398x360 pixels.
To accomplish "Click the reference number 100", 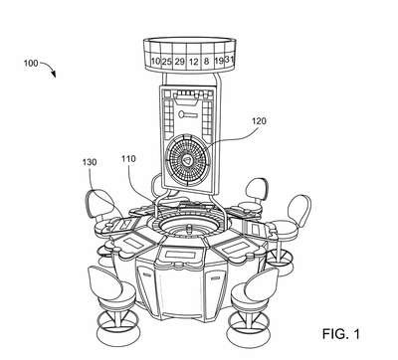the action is pyautogui.click(x=31, y=63).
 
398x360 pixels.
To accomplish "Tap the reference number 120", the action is pyautogui.click(x=259, y=121).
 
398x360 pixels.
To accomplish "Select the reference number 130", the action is pyautogui.click(x=90, y=162).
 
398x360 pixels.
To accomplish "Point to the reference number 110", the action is pyautogui.click(x=128, y=159).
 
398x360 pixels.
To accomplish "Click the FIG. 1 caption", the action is pyautogui.click(x=340, y=334).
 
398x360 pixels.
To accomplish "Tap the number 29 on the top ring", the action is pyautogui.click(x=180, y=62).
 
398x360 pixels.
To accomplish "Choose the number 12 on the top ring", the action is pyautogui.click(x=194, y=62).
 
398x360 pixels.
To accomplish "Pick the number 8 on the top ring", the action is pyautogui.click(x=207, y=62).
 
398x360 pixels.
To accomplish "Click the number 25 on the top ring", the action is pyautogui.click(x=167, y=62).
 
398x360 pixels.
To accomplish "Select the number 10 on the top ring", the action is pyautogui.click(x=155, y=62).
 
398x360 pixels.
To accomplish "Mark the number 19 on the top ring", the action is pyautogui.click(x=219, y=61).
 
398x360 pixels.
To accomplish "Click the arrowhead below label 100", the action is pyautogui.click(x=54, y=75).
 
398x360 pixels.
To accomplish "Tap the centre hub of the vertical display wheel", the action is pyautogui.click(x=188, y=161).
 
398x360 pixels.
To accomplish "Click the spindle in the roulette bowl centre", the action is pyautogui.click(x=189, y=230).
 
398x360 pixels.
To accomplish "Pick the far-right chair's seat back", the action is pyautogui.click(x=299, y=211).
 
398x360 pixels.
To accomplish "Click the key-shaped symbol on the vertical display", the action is pyautogui.click(x=188, y=115).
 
